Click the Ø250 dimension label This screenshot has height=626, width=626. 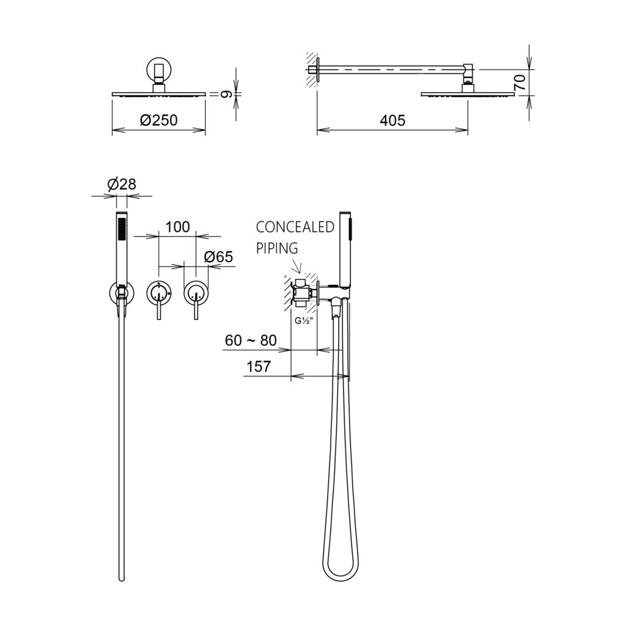[159, 120]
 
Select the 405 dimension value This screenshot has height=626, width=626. [392, 120]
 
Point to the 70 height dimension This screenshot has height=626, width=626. [521, 83]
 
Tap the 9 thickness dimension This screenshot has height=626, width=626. [226, 94]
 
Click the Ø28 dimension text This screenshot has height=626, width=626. [122, 184]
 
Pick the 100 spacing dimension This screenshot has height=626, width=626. [177, 227]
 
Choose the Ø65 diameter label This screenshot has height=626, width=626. [218, 257]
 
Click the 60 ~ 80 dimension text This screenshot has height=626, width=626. [251, 341]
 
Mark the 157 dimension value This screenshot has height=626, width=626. [259, 366]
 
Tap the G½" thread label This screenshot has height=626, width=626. [303, 320]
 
